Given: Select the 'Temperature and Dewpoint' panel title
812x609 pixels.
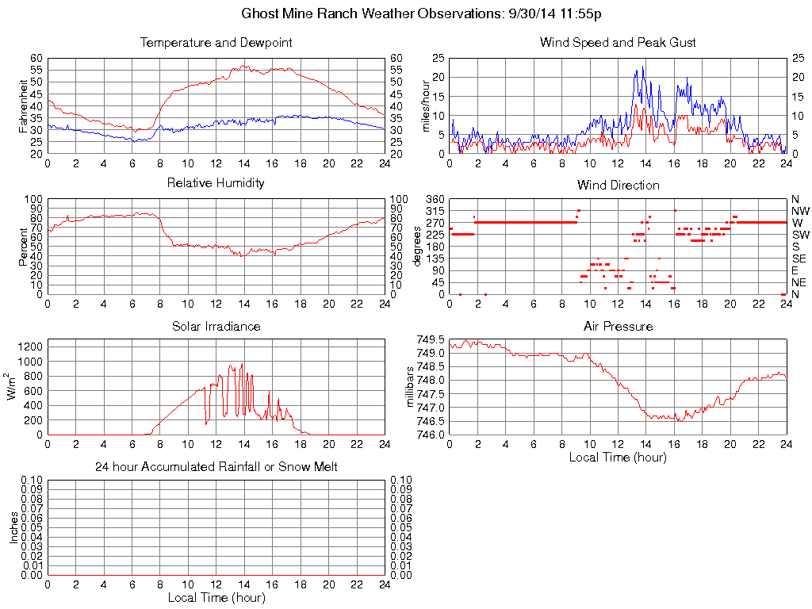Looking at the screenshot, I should click(x=216, y=42).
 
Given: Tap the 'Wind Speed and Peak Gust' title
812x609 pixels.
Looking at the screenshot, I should click(x=618, y=42).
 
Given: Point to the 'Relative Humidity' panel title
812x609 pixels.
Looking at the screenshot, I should click(x=216, y=183).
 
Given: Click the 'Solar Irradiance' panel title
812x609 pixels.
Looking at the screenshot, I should click(x=216, y=326).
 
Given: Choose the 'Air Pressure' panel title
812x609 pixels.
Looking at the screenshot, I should click(x=618, y=326).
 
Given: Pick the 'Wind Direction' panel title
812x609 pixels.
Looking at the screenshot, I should click(x=618, y=185).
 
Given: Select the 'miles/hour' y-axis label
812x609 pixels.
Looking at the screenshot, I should click(x=425, y=105).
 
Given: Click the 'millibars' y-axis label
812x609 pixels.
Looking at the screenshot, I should click(x=410, y=386).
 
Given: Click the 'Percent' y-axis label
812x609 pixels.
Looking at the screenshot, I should click(x=23, y=247).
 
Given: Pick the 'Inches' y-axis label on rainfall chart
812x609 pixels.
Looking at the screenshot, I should click(x=13, y=527).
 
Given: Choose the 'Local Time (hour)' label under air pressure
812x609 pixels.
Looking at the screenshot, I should click(x=618, y=457).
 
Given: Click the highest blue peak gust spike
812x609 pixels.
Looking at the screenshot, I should click(x=643, y=67).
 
